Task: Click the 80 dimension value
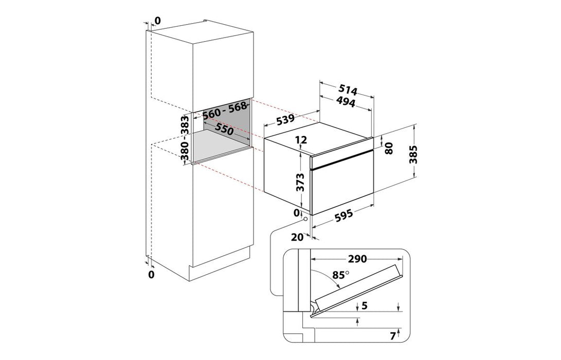(389, 148)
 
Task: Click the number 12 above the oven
(302, 139)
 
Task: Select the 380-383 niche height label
(186, 139)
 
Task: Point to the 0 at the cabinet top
(157, 21)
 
